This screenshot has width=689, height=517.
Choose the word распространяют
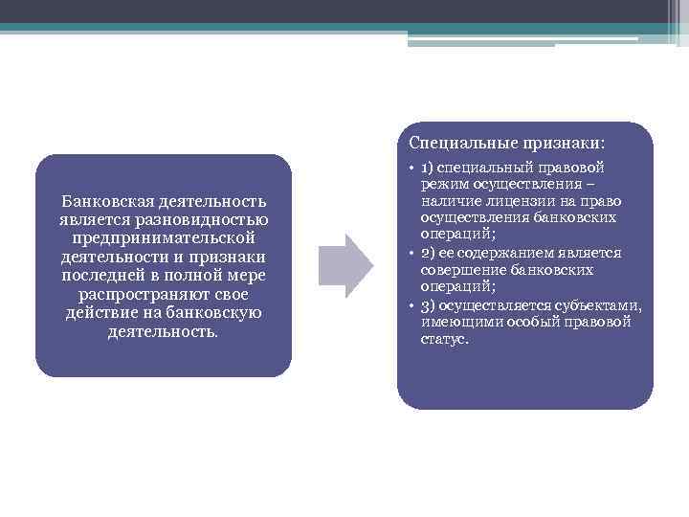pyautogui.click(x=140, y=294)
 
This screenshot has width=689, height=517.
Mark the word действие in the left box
pyautogui.click(x=98, y=312)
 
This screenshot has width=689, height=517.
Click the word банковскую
pyautogui.click(x=213, y=312)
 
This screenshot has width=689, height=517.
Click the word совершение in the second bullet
pyautogui.click(x=458, y=271)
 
